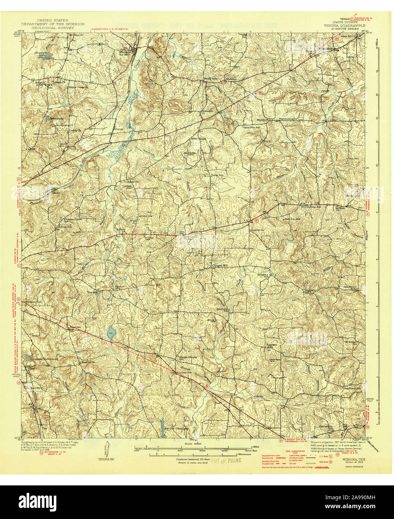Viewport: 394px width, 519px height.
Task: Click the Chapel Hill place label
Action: pyautogui.click(x=219, y=266)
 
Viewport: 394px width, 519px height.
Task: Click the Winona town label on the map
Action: pyautogui.click(x=125, y=52)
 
